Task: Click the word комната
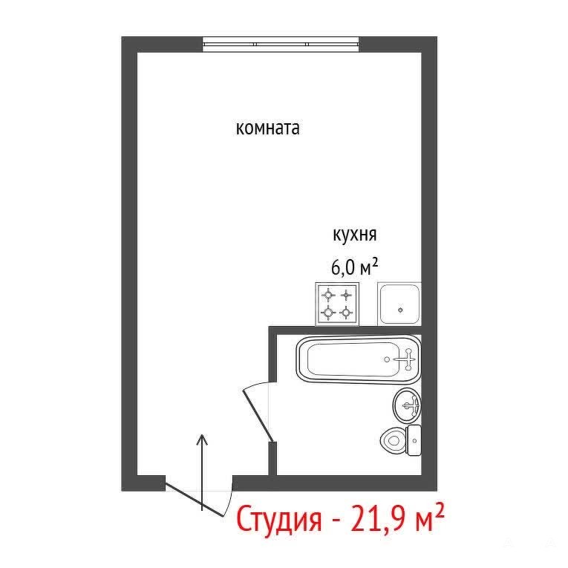pyautogui.click(x=268, y=128)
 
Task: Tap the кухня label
pyautogui.click(x=355, y=235)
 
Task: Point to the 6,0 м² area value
pyautogui.click(x=355, y=267)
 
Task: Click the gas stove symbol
pyautogui.click(x=337, y=304)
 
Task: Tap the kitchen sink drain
pyautogui.click(x=400, y=310)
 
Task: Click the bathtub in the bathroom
pyautogui.click(x=359, y=359)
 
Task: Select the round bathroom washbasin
pyautogui.click(x=407, y=405)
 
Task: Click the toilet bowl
pyautogui.click(x=394, y=440)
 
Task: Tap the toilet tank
pyautogui.click(x=414, y=440)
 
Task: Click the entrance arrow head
pyautogui.click(x=202, y=439)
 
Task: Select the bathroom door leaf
pyautogui.click(x=258, y=415)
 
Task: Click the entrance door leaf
pyautogui.click(x=194, y=498)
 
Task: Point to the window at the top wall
pyautogui.click(x=281, y=45)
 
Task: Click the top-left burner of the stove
pyautogui.click(x=328, y=295)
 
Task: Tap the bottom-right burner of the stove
pyautogui.click(x=347, y=312)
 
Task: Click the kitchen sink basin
pyautogui.click(x=399, y=304)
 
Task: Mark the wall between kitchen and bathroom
pyautogui.click(x=345, y=330)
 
